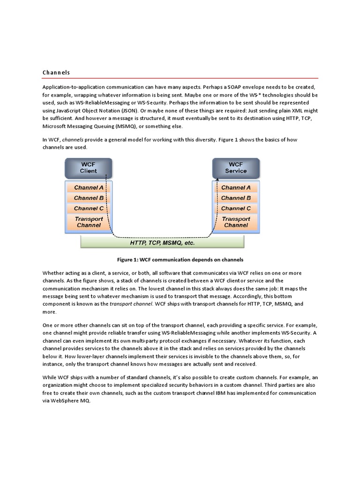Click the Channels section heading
[x=56, y=73]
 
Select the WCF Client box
[x=88, y=168]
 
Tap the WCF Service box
[x=236, y=168]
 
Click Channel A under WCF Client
[x=89, y=187]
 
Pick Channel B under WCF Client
[x=89, y=198]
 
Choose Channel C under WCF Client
[x=89, y=209]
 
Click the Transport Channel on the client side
[x=89, y=222]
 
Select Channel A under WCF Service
[x=236, y=187]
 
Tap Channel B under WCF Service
[x=236, y=198]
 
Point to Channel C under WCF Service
[x=236, y=209]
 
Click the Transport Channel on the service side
[x=236, y=222]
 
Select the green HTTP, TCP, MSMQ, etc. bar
[x=162, y=243]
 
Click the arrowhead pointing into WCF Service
[x=217, y=179]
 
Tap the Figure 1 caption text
[x=180, y=259]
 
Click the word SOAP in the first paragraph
[x=223, y=88]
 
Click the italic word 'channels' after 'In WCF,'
[x=72, y=140]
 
